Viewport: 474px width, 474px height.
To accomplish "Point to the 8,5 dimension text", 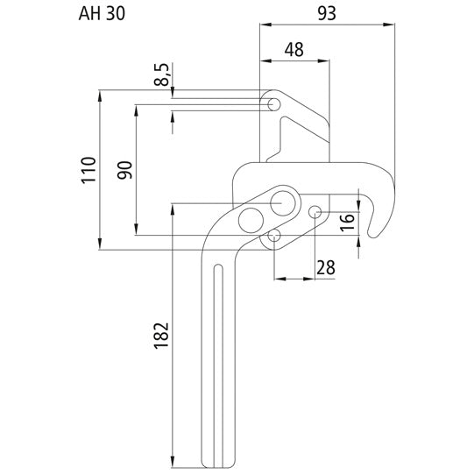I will [161, 74].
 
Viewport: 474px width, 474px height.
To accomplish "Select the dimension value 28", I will [326, 267].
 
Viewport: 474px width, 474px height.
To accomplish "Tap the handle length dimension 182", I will [160, 332].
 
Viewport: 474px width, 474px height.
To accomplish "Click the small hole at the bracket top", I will [274, 105].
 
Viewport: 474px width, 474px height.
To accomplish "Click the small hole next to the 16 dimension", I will [316, 211].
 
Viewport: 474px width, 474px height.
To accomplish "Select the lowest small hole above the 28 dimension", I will [274, 235].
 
